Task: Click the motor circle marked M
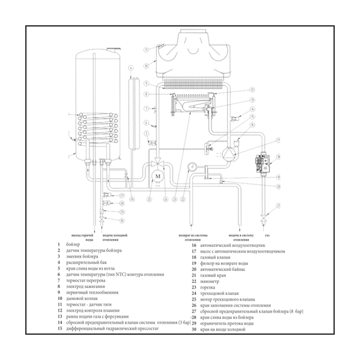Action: (x=158, y=175)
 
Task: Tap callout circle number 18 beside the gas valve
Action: (x=278, y=177)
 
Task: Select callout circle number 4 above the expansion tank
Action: (x=131, y=68)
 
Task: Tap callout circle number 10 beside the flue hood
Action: (x=146, y=65)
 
